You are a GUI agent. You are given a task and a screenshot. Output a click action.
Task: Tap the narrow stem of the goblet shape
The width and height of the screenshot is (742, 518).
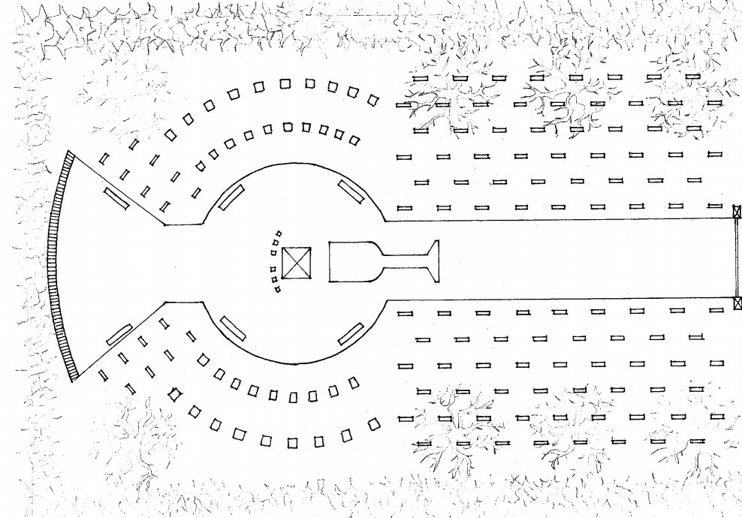tap(404, 262)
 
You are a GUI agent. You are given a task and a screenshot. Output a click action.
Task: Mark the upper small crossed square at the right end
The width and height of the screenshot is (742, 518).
tap(737, 212)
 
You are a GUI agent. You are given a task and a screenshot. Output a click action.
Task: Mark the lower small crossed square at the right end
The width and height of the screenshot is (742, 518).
tap(737, 303)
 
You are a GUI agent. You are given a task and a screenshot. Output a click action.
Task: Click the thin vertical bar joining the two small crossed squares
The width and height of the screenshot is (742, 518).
tap(737, 257)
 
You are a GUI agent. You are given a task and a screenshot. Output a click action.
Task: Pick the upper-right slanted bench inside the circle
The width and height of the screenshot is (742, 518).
tap(351, 191)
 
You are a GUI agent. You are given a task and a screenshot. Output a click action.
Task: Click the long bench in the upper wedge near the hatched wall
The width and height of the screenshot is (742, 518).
tap(116, 198)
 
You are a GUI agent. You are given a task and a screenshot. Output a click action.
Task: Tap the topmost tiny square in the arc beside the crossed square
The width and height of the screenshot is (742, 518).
tap(279, 233)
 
